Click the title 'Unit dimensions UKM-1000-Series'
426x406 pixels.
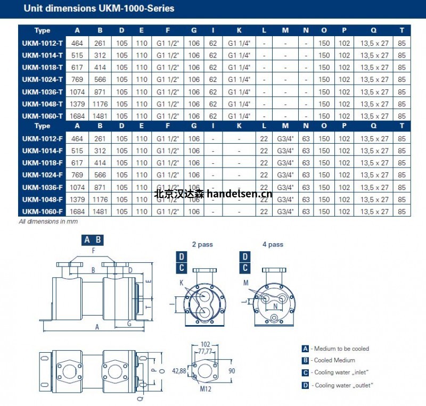[99, 9]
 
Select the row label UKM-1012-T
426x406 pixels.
[43, 43]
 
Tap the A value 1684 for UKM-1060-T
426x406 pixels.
[77, 116]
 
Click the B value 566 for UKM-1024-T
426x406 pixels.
[100, 80]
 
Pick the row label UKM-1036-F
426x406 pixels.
[43, 187]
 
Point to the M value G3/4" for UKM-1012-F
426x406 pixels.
[285, 139]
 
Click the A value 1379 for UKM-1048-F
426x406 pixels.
[77, 200]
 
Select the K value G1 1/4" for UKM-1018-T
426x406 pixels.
[239, 68]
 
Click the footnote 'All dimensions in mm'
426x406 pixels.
[48, 221]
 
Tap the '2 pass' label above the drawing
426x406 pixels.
[202, 244]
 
